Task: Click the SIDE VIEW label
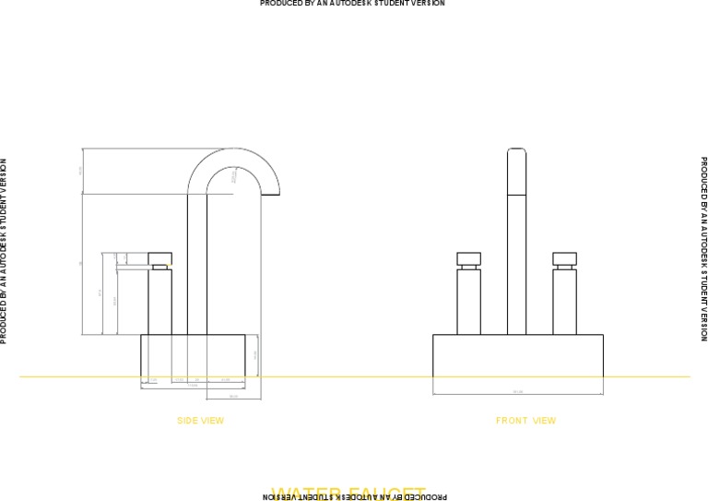[200, 421]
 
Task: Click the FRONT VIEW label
[525, 421]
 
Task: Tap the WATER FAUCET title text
[348, 493]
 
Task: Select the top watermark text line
[352, 4]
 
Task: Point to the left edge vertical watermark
[4, 251]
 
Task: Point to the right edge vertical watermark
[704, 248]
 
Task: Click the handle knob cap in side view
[160, 257]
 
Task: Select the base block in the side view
[193, 355]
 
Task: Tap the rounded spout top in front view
[517, 153]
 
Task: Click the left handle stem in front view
[469, 301]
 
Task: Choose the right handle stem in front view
[564, 301]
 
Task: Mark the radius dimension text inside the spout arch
[234, 174]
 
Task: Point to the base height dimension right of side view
[255, 354]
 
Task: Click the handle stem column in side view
[160, 301]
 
